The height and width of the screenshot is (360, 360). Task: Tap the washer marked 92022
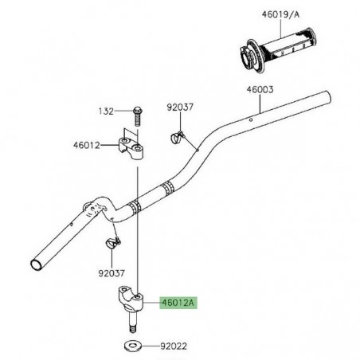click(x=134, y=347)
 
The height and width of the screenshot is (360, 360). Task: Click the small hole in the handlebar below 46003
click(x=252, y=119)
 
